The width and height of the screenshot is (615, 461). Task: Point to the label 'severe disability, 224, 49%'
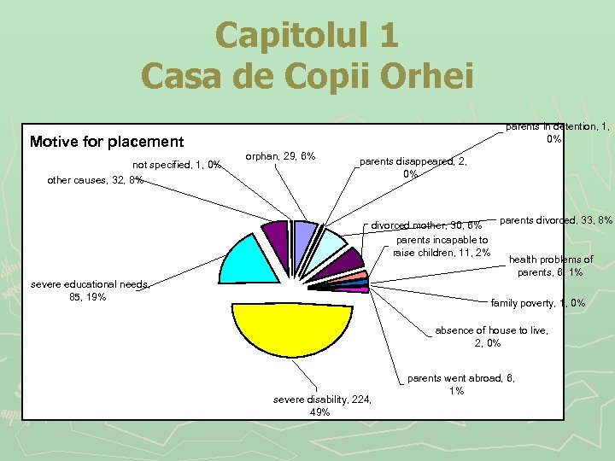(322, 406)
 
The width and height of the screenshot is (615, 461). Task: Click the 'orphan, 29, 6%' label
(280, 156)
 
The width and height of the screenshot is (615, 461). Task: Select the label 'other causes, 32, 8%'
(95, 180)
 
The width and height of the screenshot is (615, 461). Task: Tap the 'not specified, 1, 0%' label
(177, 165)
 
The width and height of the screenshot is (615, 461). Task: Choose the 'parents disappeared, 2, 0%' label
(413, 167)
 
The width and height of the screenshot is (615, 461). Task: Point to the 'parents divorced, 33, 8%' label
(556, 220)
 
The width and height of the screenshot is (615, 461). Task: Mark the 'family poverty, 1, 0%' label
(538, 302)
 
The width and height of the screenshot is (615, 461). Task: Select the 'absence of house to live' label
(491, 336)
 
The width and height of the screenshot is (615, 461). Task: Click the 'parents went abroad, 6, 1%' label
(461, 384)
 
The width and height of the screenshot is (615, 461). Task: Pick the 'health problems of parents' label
(551, 266)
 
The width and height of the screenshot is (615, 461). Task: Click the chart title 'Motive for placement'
(107, 142)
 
